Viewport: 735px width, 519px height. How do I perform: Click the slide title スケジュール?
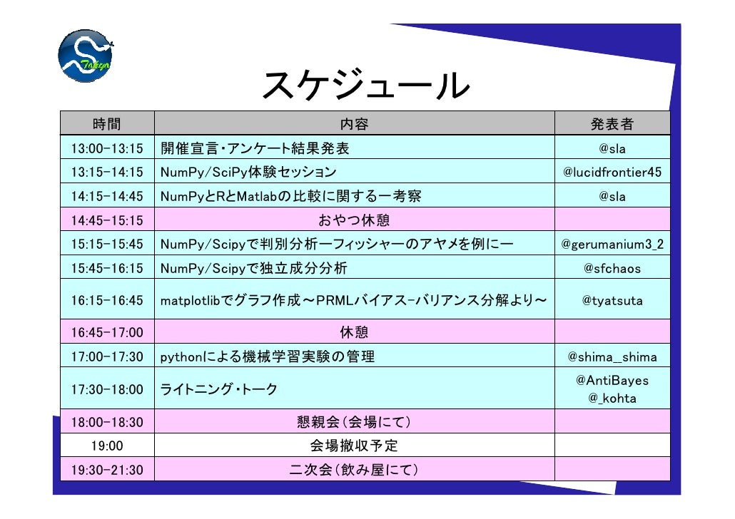pyautogui.click(x=365, y=86)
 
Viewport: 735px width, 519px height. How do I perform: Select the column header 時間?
pyautogui.click(x=106, y=124)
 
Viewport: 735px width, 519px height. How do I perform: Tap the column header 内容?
pyautogui.click(x=354, y=124)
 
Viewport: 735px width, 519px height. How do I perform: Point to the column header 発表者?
pyautogui.click(x=612, y=124)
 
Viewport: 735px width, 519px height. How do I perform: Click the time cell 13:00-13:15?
pyautogui.click(x=106, y=149)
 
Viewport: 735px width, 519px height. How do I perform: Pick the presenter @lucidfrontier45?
pyautogui.click(x=612, y=173)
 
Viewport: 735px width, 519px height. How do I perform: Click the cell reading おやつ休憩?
pyautogui.click(x=354, y=220)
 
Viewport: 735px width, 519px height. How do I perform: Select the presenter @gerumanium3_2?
pyautogui.click(x=612, y=245)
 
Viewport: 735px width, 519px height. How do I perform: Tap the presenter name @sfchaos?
pyautogui.click(x=612, y=269)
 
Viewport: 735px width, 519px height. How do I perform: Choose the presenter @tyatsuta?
pyautogui.click(x=612, y=301)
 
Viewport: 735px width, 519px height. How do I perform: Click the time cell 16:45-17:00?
pyautogui.click(x=106, y=332)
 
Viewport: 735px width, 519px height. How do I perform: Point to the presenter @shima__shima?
pyautogui.click(x=612, y=356)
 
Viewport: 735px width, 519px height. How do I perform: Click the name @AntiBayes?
pyautogui.click(x=612, y=381)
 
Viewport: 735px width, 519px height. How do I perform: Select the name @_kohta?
pyautogui.click(x=612, y=399)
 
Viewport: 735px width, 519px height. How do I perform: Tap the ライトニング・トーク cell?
pyautogui.click(x=218, y=389)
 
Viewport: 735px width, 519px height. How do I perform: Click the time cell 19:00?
pyautogui.click(x=106, y=446)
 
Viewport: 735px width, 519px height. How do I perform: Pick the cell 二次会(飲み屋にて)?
pyautogui.click(x=354, y=470)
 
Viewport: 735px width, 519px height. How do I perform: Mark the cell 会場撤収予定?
pyautogui.click(x=354, y=446)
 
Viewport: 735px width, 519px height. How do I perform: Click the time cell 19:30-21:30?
pyautogui.click(x=106, y=470)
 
